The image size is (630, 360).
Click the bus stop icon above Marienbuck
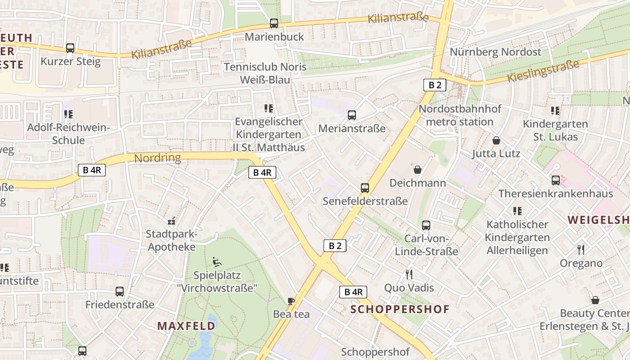click(274, 23)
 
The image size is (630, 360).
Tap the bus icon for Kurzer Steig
click(70, 48)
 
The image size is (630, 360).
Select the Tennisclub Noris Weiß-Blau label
click(265, 73)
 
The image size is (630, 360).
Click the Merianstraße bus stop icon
click(352, 115)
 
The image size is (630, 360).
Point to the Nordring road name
click(157, 158)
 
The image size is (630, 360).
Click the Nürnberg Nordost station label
click(495, 52)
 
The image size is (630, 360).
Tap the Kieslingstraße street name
click(543, 71)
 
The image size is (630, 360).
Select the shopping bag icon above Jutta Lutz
click(496, 140)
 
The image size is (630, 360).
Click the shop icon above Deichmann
click(418, 170)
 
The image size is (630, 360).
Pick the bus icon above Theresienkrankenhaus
click(556, 180)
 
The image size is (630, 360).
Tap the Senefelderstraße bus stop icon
click(365, 188)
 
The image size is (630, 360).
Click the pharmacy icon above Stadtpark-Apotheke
click(171, 221)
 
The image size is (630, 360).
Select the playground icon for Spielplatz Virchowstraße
click(216, 261)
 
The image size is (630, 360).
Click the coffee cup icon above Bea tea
click(291, 301)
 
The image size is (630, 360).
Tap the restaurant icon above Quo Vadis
click(409, 274)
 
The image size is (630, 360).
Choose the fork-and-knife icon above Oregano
click(581, 250)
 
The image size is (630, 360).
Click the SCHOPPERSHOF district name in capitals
click(400, 309)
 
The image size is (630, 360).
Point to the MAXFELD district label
click(186, 326)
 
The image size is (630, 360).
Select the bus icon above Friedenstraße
click(120, 292)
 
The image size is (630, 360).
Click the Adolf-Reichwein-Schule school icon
click(68, 114)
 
